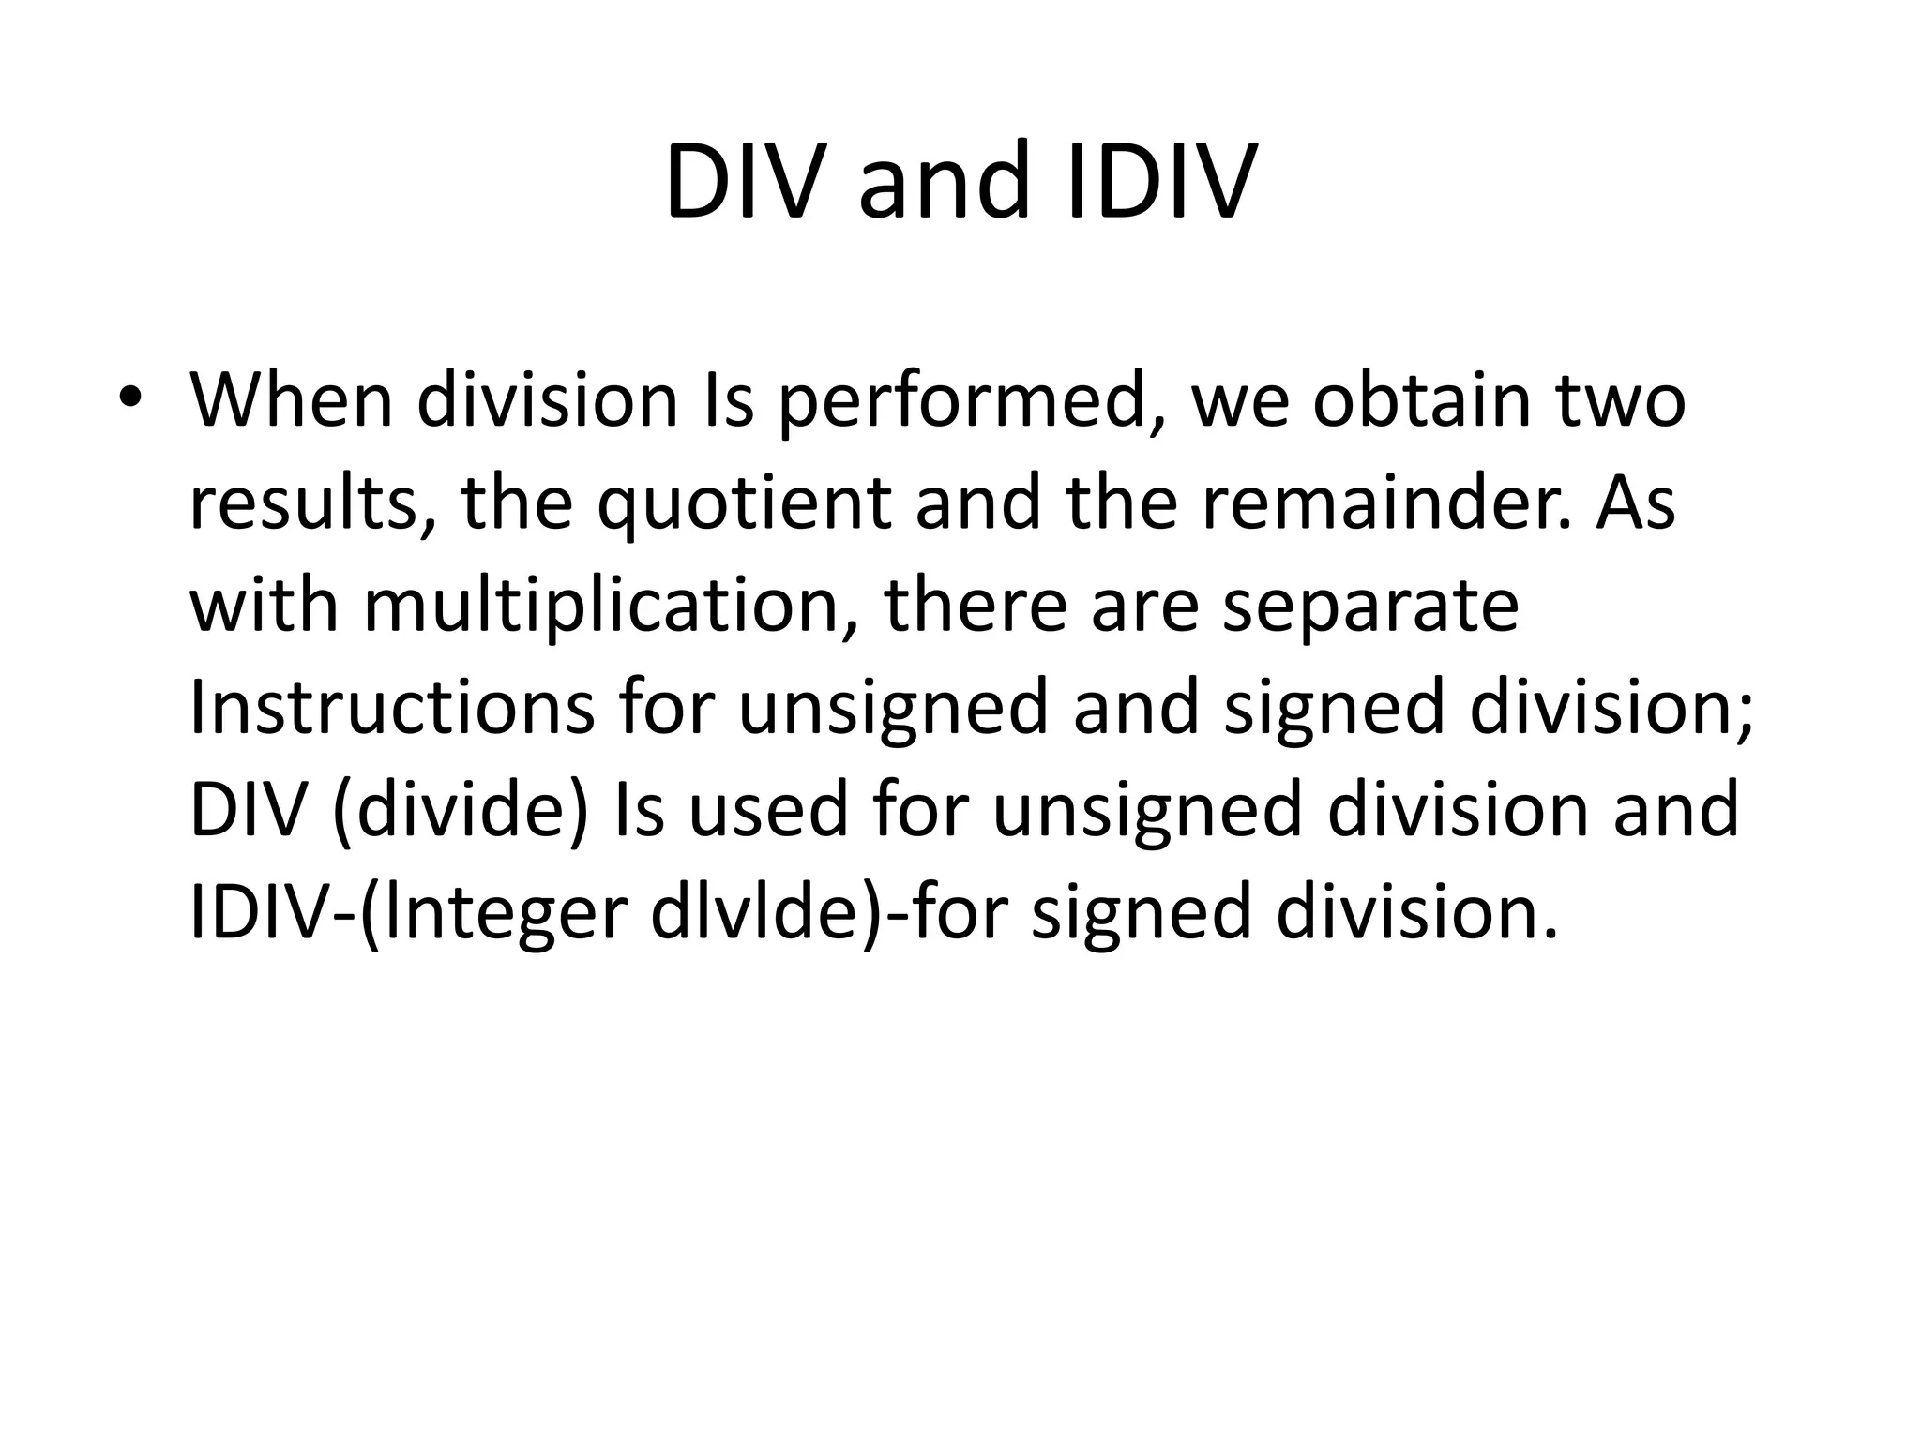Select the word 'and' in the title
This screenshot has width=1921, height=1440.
coord(945,182)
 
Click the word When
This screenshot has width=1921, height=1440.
coord(292,400)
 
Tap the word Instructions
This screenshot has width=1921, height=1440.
coord(392,709)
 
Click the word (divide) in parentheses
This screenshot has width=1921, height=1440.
coord(460,812)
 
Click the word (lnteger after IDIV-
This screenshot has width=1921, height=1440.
coord(492,915)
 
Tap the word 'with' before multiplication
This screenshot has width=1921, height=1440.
coord(264,606)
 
